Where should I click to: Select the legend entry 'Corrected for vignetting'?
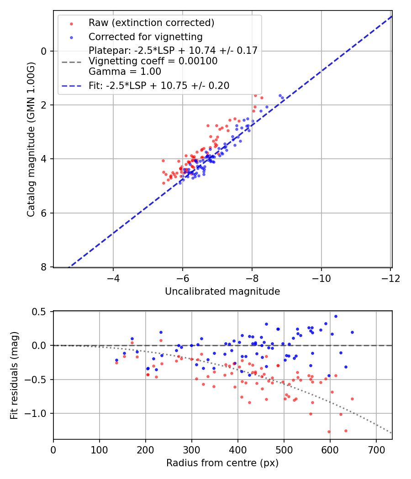tap(146, 36)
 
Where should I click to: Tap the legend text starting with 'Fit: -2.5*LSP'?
tap(159, 86)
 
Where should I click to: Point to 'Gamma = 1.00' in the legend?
tap(125, 71)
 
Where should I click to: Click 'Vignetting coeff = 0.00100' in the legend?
tap(153, 61)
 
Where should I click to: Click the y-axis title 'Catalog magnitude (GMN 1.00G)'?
tap(31, 139)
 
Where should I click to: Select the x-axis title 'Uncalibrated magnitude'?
tap(222, 292)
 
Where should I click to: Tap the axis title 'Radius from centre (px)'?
tap(222, 463)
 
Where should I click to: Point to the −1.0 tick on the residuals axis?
tap(40, 413)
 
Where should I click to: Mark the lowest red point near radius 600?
tap(329, 432)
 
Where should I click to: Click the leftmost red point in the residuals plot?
tap(116, 363)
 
